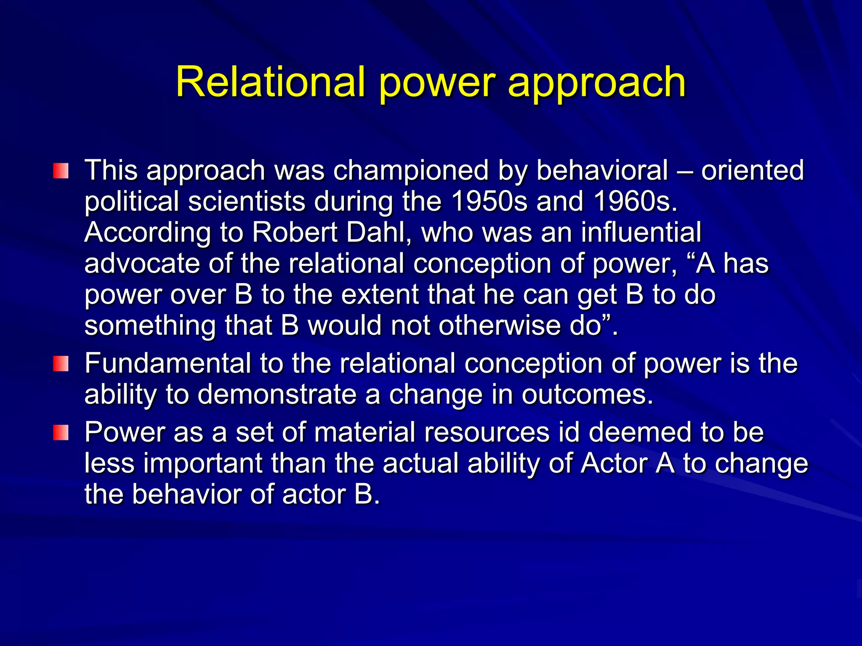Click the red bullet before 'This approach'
(x=61, y=171)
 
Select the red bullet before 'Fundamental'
(x=61, y=364)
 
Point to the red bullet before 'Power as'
(x=61, y=433)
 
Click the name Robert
(x=295, y=232)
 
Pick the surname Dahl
(x=379, y=232)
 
